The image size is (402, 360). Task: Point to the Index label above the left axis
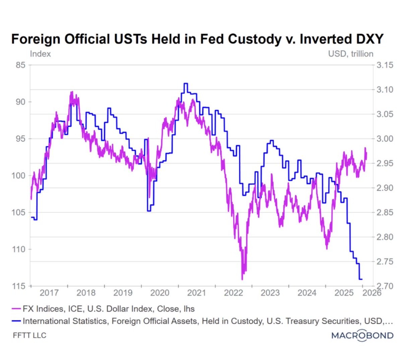[40, 54]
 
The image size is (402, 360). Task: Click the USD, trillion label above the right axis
[351, 54]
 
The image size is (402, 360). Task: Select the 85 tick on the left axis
[21, 65]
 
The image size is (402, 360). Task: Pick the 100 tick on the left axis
[19, 175]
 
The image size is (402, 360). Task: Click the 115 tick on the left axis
[19, 286]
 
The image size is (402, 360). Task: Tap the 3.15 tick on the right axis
[385, 65]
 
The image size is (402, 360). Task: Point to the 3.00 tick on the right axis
[385, 139]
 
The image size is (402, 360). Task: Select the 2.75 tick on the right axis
[385, 262]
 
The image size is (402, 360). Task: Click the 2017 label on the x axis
[49, 293]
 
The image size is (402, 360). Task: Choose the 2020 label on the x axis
[160, 293]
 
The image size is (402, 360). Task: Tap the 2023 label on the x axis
[270, 293]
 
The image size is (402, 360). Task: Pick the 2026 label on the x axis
[372, 293]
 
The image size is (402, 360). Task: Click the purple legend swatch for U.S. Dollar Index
[16, 309]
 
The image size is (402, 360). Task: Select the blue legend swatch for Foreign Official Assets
[16, 321]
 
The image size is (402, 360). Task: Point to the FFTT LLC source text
[29, 336]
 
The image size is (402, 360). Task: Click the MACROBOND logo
[362, 335]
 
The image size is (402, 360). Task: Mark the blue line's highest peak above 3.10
[186, 83]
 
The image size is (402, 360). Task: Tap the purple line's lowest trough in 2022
[242, 279]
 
